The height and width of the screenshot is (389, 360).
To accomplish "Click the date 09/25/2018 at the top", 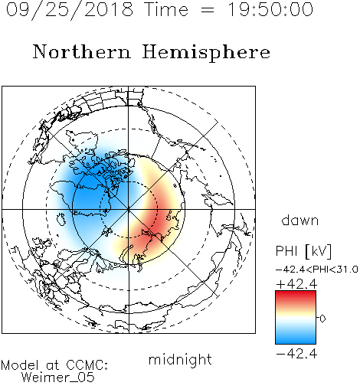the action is (x=70, y=10).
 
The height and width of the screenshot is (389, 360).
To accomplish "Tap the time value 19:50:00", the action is (x=270, y=9).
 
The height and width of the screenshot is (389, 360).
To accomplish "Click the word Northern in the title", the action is (x=82, y=51).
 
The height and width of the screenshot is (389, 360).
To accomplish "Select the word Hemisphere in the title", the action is (x=206, y=53).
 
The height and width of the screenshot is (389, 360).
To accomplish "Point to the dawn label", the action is (x=300, y=220).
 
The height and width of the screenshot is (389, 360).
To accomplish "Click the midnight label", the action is (x=180, y=359).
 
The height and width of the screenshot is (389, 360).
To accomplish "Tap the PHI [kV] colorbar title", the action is (x=303, y=251).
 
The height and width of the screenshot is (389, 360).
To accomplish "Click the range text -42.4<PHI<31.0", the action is (x=317, y=269).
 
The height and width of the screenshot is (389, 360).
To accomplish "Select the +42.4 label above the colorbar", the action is (x=296, y=284).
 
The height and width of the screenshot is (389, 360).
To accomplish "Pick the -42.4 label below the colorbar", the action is (x=296, y=354).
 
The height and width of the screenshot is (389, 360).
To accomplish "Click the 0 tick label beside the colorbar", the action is (x=322, y=319).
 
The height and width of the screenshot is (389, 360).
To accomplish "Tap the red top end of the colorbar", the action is (x=296, y=293).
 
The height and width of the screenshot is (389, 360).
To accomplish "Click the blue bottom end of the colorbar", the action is (x=296, y=342).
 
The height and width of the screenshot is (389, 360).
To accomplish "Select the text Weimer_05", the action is (x=58, y=378).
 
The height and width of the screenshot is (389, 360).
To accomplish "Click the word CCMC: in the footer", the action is (x=87, y=365).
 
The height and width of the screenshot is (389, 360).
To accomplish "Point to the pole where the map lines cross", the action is (x=129, y=210).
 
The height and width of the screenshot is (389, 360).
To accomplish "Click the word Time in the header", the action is (x=166, y=9).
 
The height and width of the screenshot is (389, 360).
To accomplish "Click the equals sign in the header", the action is (x=208, y=11).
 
